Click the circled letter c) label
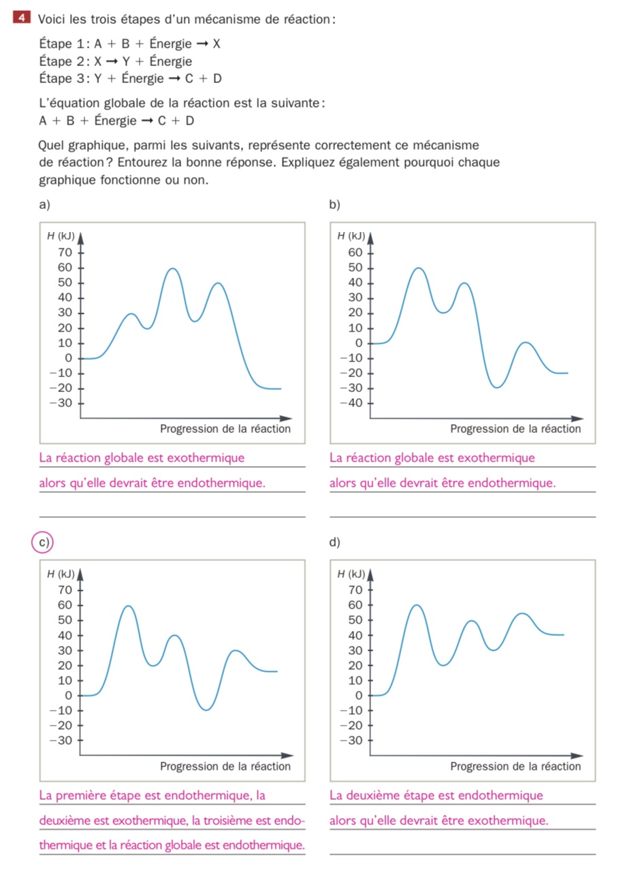coord(44,542)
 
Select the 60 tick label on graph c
coord(65,604)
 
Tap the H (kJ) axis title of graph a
coord(61,236)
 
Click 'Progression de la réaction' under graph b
coord(515,429)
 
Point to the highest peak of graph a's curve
coord(173,269)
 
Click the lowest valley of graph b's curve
coord(497,387)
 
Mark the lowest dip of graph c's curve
coord(206,710)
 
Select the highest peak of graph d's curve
coord(416,605)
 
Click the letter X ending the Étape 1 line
coord(217,44)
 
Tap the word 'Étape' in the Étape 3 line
coord(55,78)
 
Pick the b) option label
coord(334,205)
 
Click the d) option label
coord(334,542)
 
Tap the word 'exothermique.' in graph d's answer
coord(508,820)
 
